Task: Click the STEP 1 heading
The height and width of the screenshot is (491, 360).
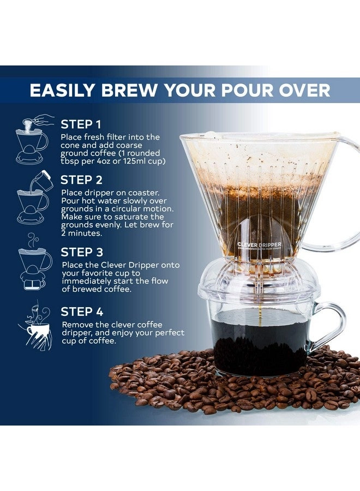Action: (x=81, y=124)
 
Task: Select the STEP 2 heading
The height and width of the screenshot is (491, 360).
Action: (x=82, y=179)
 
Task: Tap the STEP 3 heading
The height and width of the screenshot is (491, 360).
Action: (x=82, y=252)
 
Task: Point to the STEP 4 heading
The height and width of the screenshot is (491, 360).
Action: (x=82, y=312)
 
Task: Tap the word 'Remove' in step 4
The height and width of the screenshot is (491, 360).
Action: (x=76, y=325)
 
